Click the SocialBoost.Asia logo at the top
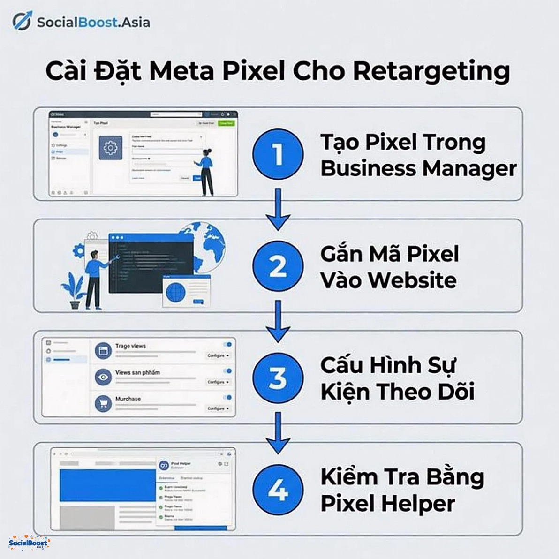(81, 22)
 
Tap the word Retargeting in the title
(431, 71)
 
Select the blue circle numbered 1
(278, 154)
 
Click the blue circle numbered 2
(278, 266)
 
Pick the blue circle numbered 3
(278, 378)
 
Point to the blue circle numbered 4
(278, 490)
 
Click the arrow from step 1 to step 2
(278, 209)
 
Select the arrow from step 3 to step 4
(278, 433)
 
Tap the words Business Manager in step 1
(418, 168)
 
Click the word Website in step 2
(412, 280)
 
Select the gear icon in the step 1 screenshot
(110, 148)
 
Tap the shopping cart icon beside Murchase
(103, 403)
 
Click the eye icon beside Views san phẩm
(103, 377)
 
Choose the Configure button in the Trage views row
(218, 356)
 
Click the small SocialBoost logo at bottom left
(29, 543)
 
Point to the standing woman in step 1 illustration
(205, 172)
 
